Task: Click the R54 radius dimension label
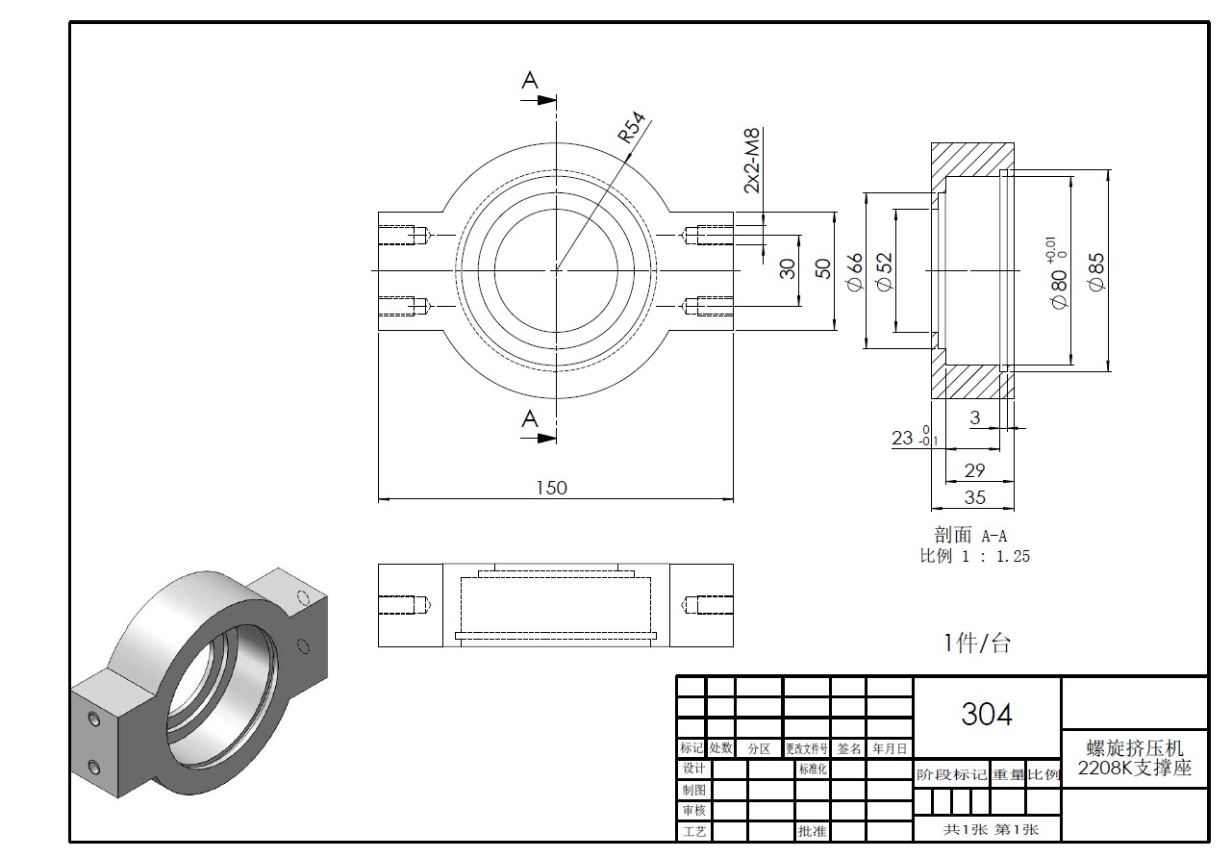tap(631, 129)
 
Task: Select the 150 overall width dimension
tap(551, 488)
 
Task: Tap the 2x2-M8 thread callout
tap(752, 161)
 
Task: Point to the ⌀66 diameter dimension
tap(854, 270)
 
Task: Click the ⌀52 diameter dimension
tap(883, 270)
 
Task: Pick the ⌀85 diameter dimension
tap(1096, 270)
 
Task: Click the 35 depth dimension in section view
tap(974, 497)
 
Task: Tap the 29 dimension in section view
tap(974, 470)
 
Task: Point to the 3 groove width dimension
tap(974, 418)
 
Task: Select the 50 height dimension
tap(822, 269)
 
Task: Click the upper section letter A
tap(530, 82)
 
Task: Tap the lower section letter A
tap(530, 418)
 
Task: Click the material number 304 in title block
tap(987, 715)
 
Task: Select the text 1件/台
tap(977, 643)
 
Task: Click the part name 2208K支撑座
tap(1135, 769)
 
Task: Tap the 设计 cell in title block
tap(693, 769)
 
